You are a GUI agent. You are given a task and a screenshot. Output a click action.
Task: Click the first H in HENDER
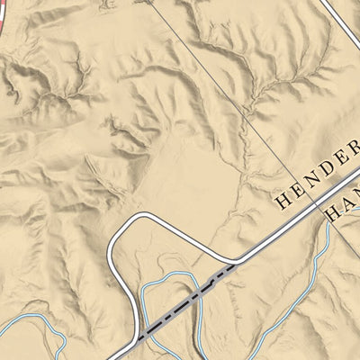[283, 199]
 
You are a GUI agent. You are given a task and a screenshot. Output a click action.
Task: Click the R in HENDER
[355, 146]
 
